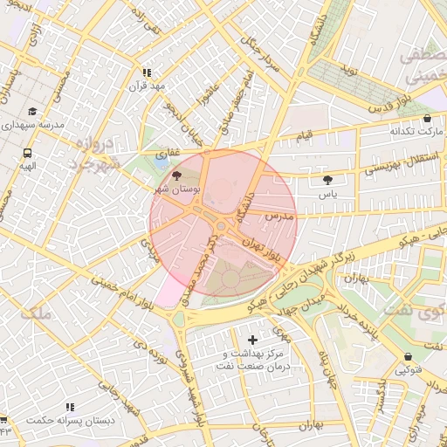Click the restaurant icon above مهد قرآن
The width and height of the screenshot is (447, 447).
[146, 73]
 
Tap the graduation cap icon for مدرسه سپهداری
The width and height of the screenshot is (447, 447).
[33, 112]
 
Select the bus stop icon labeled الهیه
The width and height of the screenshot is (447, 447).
[28, 152]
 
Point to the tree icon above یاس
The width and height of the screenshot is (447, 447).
[327, 180]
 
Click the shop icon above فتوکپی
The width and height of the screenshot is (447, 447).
[409, 356]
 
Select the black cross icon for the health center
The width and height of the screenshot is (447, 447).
[253, 339]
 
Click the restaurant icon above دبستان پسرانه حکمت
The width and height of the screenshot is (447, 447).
[69, 407]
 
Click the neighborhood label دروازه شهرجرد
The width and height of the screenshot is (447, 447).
[90, 153]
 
